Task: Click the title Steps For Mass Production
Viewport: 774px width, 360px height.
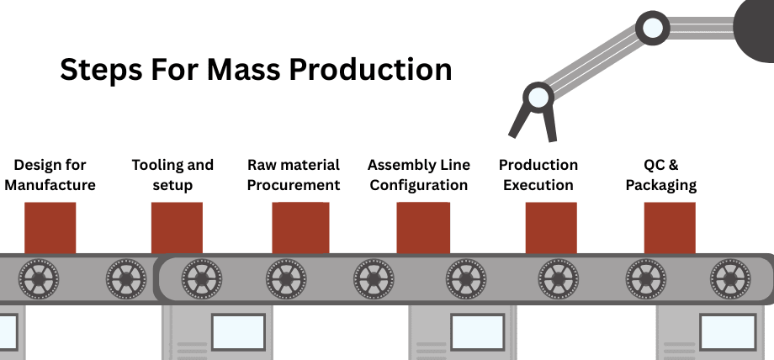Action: click(x=255, y=69)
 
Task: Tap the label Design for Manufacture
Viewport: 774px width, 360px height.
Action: click(x=50, y=174)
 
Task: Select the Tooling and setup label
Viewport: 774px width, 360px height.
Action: click(x=172, y=174)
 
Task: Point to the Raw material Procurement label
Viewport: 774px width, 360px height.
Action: click(x=294, y=174)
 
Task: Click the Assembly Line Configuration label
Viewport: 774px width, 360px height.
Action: click(x=419, y=174)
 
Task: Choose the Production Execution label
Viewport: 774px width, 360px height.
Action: click(x=538, y=174)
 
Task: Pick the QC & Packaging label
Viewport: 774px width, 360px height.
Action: click(x=661, y=174)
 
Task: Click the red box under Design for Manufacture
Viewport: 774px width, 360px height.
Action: click(x=50, y=227)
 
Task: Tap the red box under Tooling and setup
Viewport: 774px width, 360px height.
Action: click(x=177, y=227)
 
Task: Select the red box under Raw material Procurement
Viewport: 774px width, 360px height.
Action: click(x=300, y=227)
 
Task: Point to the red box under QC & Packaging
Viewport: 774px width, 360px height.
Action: click(x=670, y=227)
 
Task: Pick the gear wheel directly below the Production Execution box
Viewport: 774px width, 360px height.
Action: click(x=557, y=275)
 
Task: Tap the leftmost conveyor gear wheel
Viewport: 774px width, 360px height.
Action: click(x=39, y=275)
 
